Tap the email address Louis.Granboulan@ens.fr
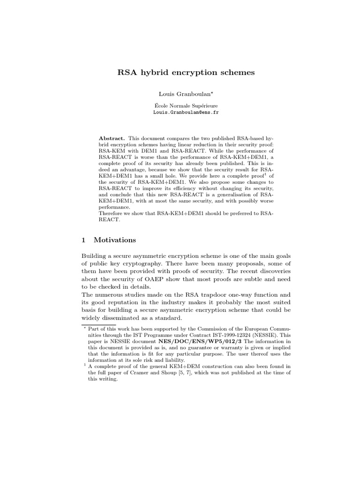pyautogui.click(x=180, y=113)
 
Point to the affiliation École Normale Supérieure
pyautogui.click(x=180, y=106)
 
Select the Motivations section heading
pyautogui.click(x=115, y=240)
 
